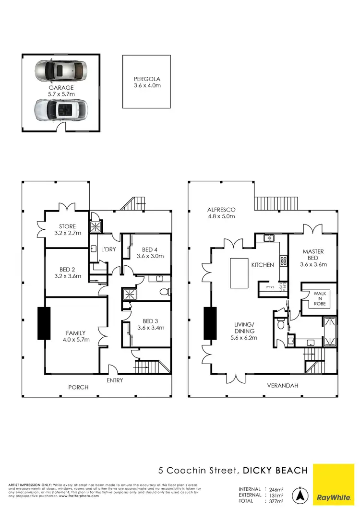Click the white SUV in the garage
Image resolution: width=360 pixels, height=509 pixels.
(x=60, y=110)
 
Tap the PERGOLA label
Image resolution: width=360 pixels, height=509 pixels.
(x=147, y=82)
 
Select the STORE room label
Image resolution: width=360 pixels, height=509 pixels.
(x=67, y=230)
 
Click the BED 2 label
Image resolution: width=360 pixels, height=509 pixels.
(x=67, y=272)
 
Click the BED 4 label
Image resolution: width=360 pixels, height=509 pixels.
(x=150, y=253)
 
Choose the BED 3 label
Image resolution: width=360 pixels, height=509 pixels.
(x=150, y=325)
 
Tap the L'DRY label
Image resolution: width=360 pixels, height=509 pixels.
(x=107, y=249)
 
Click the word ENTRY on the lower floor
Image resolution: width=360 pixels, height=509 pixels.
(x=115, y=380)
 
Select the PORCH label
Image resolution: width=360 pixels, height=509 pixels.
(x=78, y=387)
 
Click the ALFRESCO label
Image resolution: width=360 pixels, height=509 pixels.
(x=221, y=213)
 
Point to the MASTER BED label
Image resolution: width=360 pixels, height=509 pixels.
(x=313, y=258)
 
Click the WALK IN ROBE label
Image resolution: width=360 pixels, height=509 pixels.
(x=320, y=298)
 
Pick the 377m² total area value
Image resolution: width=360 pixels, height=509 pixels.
(x=276, y=501)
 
